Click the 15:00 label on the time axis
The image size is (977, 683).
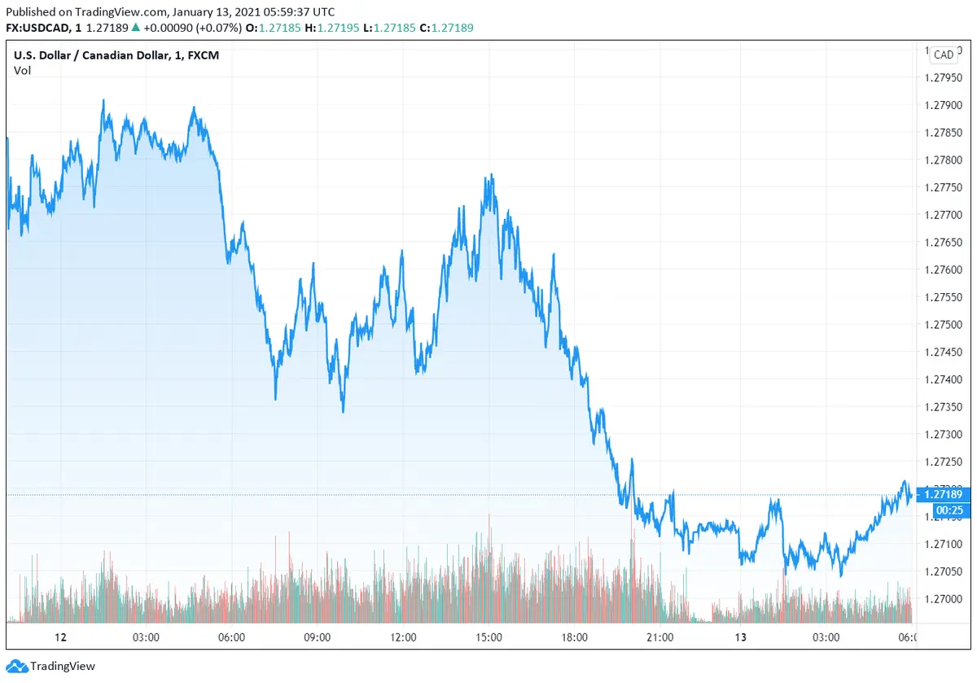(x=489, y=637)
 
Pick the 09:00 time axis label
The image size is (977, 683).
(x=317, y=637)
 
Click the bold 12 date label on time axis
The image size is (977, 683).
(x=59, y=637)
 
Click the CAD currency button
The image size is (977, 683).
(x=944, y=55)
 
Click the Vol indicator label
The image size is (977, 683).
(x=22, y=70)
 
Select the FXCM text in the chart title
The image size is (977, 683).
(x=203, y=55)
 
